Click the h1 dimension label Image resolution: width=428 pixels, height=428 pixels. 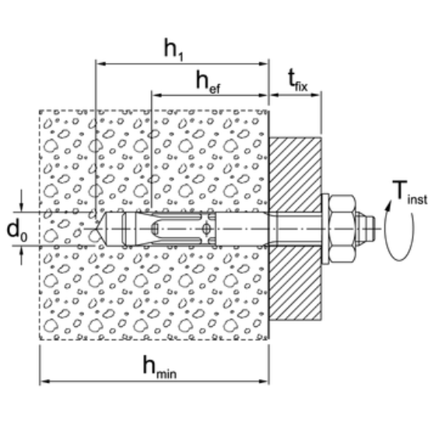click(x=174, y=50)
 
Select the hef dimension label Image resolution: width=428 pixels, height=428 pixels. click(x=208, y=82)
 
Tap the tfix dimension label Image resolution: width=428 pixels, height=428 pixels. click(x=298, y=80)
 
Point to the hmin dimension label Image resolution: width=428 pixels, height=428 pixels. click(x=160, y=367)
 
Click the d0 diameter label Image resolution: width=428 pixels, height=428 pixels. click(x=17, y=231)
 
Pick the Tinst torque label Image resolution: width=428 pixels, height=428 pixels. click(x=409, y=192)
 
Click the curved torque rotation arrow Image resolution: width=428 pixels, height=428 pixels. click(x=399, y=230)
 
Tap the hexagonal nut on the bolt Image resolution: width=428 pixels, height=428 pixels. click(x=342, y=229)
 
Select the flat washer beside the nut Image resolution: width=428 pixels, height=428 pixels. click(x=325, y=229)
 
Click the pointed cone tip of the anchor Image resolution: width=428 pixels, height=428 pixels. click(x=100, y=229)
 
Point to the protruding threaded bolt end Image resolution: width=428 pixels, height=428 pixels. click(x=366, y=229)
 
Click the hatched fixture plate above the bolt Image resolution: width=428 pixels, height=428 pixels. click(x=296, y=174)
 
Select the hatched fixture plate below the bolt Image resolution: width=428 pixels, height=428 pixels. click(x=296, y=282)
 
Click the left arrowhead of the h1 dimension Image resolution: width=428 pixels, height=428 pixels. click(x=101, y=64)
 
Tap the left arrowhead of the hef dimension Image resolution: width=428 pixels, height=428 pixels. click(x=156, y=95)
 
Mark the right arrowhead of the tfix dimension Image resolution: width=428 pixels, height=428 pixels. click(x=315, y=95)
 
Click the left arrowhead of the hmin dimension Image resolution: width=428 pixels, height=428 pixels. click(x=45, y=381)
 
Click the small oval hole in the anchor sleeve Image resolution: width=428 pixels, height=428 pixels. click(x=206, y=229)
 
